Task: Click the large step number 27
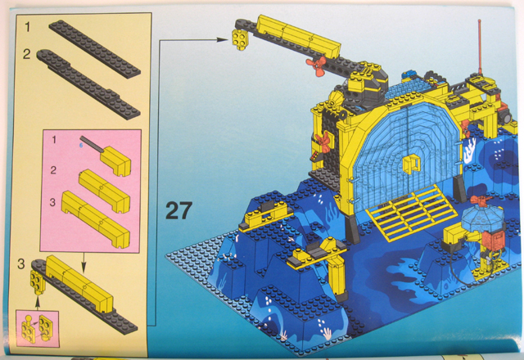(179, 210)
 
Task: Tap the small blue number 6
(81, 146)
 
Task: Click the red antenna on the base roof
(481, 47)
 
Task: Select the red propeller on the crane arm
(316, 65)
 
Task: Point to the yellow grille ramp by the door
(412, 212)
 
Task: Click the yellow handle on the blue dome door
(411, 164)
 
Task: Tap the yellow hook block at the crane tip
(239, 38)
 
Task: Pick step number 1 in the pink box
(54, 139)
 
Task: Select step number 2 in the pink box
(53, 170)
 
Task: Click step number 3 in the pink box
(52, 202)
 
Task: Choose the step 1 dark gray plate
(95, 49)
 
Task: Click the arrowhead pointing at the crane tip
(222, 40)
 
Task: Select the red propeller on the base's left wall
(322, 142)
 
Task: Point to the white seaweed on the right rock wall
(469, 151)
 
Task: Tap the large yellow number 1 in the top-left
(27, 26)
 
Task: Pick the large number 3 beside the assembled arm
(21, 263)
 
